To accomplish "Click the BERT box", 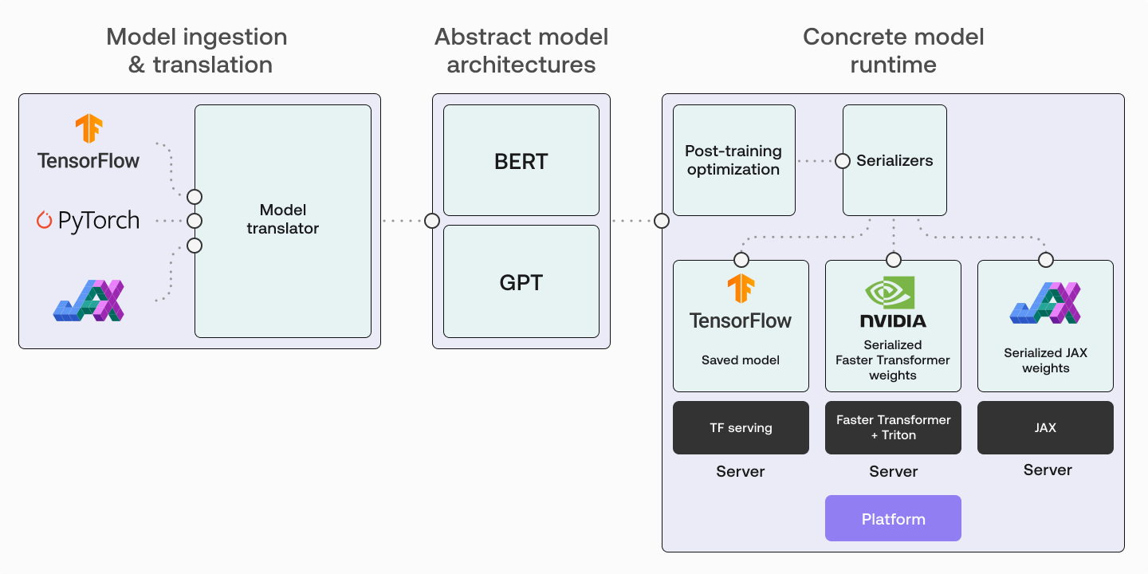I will [521, 161].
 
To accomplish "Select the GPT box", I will [521, 282].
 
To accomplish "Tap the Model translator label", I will [282, 219].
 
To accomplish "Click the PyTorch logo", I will [88, 221].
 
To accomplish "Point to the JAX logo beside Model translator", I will [88, 301].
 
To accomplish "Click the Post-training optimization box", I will [733, 160].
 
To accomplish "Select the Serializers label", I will [894, 160].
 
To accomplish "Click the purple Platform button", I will [893, 519].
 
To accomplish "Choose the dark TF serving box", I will [741, 428].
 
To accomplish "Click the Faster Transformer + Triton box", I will [893, 428].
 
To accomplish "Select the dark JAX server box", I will [1045, 428].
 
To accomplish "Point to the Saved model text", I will [741, 360].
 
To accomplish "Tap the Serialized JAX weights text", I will [1045, 360].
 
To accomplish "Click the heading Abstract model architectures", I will [521, 50].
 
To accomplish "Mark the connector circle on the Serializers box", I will [843, 161].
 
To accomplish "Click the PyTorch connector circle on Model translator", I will [195, 221].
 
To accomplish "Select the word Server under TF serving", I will [741, 471].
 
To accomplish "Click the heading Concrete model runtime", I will [893, 50].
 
